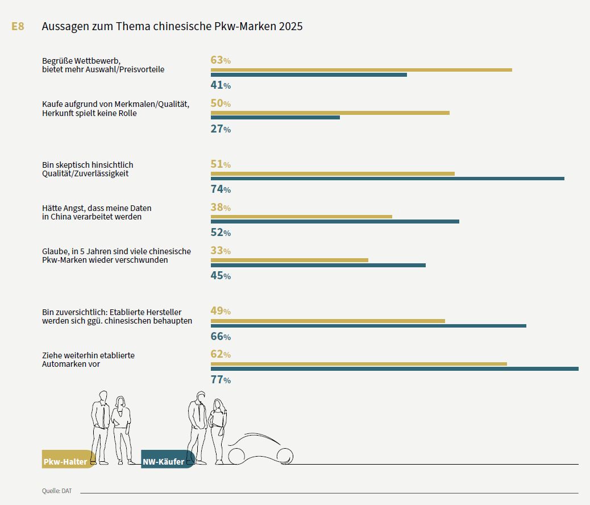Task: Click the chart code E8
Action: pyautogui.click(x=18, y=27)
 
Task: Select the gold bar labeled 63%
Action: pyautogui.click(x=361, y=70)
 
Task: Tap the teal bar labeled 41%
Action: pyautogui.click(x=309, y=74)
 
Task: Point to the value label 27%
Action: pyautogui.click(x=221, y=129)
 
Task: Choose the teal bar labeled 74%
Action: pyautogui.click(x=387, y=179)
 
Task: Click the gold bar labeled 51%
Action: pyautogui.click(x=333, y=173)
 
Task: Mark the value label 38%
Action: pyautogui.click(x=221, y=208)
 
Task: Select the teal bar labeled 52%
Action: pyautogui.click(x=335, y=222)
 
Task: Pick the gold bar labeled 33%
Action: pyautogui.click(x=289, y=260)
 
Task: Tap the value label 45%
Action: pyautogui.click(x=221, y=276)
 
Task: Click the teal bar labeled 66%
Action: pyautogui.click(x=368, y=325)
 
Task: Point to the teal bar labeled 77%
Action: pyautogui.click(x=394, y=369)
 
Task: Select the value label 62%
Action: pyautogui.click(x=221, y=354)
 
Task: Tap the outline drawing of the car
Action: pyautogui.click(x=260, y=449)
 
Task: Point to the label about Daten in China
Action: pyautogui.click(x=97, y=212)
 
